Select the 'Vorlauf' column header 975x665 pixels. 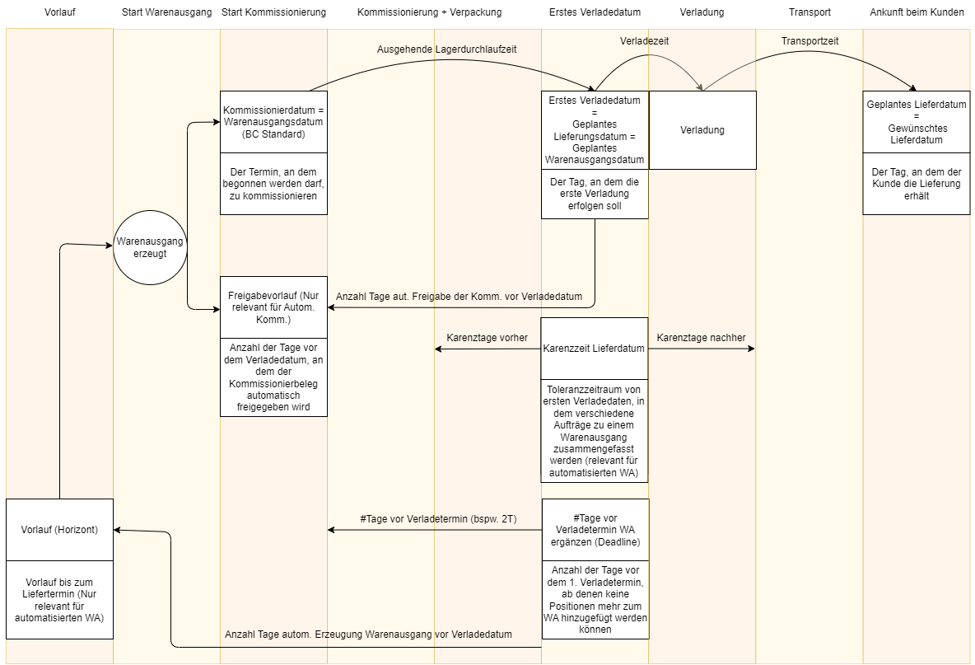(61, 12)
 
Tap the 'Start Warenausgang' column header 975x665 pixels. (166, 12)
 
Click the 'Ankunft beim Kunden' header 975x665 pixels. (917, 12)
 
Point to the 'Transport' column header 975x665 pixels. (809, 12)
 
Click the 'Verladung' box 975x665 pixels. (702, 130)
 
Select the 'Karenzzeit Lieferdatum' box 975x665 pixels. (595, 349)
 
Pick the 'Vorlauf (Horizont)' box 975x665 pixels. (59, 530)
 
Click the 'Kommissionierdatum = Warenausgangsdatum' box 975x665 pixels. (273, 122)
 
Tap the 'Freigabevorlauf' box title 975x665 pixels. (273, 307)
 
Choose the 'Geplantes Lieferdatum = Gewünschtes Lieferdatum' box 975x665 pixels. (917, 122)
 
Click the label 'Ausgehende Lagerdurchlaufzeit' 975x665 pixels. (447, 49)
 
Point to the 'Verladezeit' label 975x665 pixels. (644, 40)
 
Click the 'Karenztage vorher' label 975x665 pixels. (487, 338)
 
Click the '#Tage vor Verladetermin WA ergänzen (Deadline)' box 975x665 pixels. (595, 530)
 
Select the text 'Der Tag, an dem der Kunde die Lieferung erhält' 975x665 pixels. (917, 184)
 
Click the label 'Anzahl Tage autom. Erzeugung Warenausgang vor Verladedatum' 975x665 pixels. (368, 635)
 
